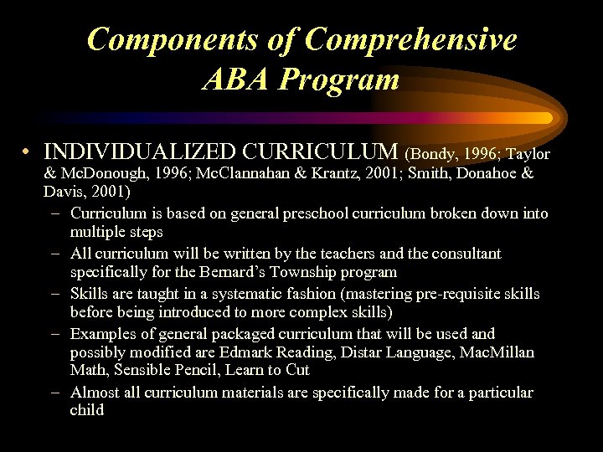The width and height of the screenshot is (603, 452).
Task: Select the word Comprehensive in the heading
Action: pyautogui.click(x=411, y=39)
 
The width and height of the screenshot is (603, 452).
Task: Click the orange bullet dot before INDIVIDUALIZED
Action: pyautogui.click(x=28, y=153)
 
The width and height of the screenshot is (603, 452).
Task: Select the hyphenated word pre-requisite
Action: pyautogui.click(x=459, y=294)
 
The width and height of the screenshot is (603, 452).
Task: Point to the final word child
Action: pyautogui.click(x=87, y=411)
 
